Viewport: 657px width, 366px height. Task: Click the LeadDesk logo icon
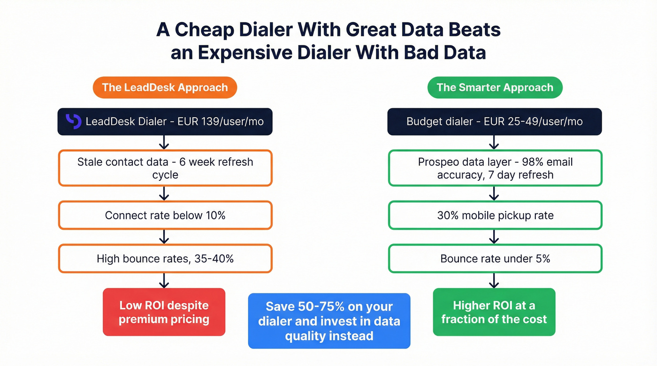click(73, 121)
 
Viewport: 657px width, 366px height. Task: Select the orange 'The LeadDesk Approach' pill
click(165, 88)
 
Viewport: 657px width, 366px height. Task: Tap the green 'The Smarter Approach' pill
click(495, 88)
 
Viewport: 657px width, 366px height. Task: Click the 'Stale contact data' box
click(165, 168)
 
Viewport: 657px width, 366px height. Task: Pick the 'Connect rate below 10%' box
click(165, 215)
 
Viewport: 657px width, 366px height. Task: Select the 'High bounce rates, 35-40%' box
click(165, 258)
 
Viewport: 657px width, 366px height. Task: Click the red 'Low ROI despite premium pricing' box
click(164, 312)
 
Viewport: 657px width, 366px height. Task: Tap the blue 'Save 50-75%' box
click(329, 321)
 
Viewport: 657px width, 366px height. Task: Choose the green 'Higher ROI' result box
click(494, 312)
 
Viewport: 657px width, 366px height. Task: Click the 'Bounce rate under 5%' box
click(495, 258)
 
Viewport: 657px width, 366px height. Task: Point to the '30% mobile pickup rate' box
click(495, 215)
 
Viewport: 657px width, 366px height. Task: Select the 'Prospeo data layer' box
click(495, 168)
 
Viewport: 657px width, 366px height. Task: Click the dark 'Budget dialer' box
click(495, 121)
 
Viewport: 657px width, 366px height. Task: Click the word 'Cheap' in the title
click(205, 30)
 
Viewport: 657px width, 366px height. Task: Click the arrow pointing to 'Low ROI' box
click(164, 280)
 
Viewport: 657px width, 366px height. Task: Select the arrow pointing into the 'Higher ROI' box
click(494, 280)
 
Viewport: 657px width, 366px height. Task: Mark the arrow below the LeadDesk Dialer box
click(164, 142)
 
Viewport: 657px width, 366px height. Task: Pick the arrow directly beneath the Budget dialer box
click(494, 142)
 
